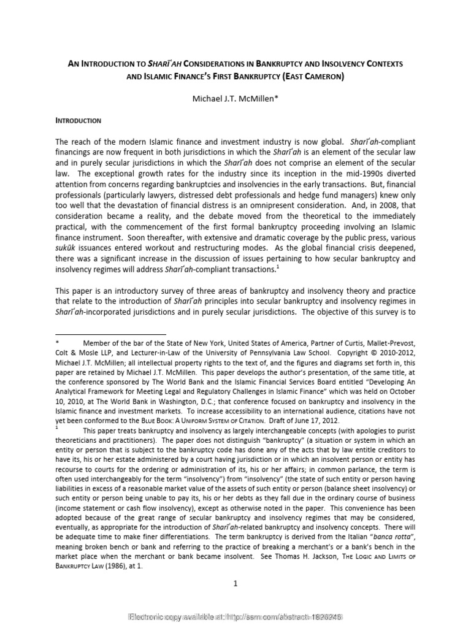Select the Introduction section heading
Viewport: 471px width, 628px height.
click(x=78, y=121)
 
